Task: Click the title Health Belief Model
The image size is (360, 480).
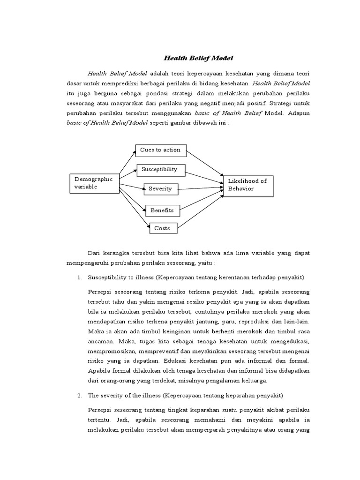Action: point(198,58)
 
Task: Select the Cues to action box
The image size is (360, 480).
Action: point(160,150)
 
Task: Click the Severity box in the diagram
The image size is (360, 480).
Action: point(160,189)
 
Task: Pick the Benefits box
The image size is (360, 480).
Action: point(162,210)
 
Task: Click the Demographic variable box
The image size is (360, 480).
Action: point(94,183)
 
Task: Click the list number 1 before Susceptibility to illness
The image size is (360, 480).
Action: point(80,278)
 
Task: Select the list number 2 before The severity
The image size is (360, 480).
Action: point(80,382)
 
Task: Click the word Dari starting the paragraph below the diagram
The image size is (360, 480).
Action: point(94,253)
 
